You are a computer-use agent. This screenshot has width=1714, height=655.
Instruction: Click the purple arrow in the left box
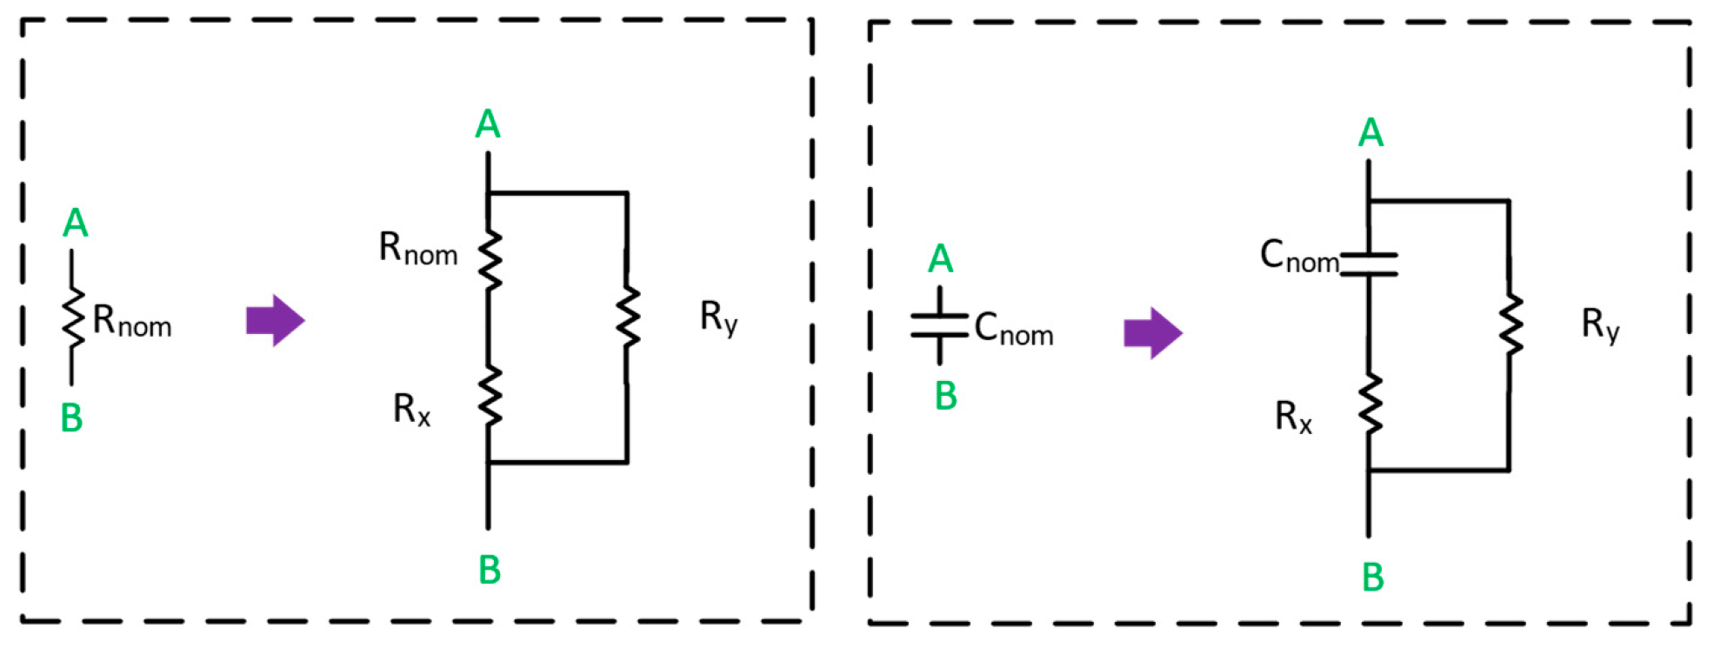pyautogui.click(x=275, y=320)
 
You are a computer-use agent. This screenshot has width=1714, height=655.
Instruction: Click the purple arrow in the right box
pyautogui.click(x=1152, y=332)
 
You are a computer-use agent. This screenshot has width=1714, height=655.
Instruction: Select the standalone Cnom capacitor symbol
pyautogui.click(x=939, y=325)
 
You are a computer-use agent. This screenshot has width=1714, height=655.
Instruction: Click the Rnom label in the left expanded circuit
pyautogui.click(x=417, y=249)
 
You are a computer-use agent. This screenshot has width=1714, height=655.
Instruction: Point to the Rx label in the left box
pyautogui.click(x=411, y=409)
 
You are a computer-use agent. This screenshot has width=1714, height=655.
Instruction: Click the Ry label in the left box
pyautogui.click(x=718, y=317)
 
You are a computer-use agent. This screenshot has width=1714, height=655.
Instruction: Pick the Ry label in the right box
pyautogui.click(x=1600, y=325)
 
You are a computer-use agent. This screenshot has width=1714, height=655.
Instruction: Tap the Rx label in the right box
pyautogui.click(x=1293, y=417)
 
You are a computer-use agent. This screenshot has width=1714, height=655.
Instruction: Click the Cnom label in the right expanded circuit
pyautogui.click(x=1299, y=257)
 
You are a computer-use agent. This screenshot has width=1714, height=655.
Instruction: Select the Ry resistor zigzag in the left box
pyautogui.click(x=627, y=318)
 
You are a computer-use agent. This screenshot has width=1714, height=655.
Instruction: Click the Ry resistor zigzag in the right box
pyautogui.click(x=1510, y=324)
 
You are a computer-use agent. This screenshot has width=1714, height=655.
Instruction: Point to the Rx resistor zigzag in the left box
pyautogui.click(x=490, y=397)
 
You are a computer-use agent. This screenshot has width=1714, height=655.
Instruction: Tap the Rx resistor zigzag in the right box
pyautogui.click(x=1371, y=404)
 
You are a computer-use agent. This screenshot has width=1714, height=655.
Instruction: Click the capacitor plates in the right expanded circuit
pyautogui.click(x=1369, y=264)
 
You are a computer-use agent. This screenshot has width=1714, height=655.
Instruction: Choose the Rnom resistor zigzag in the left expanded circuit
pyautogui.click(x=490, y=260)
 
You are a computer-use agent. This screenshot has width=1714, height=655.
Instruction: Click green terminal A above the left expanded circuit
pyautogui.click(x=488, y=125)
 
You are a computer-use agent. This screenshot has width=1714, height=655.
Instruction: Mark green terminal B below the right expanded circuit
pyautogui.click(x=1372, y=578)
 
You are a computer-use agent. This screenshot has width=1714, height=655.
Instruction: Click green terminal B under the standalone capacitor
pyautogui.click(x=945, y=397)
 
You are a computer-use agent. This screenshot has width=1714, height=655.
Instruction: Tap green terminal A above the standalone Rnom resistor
pyautogui.click(x=76, y=224)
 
